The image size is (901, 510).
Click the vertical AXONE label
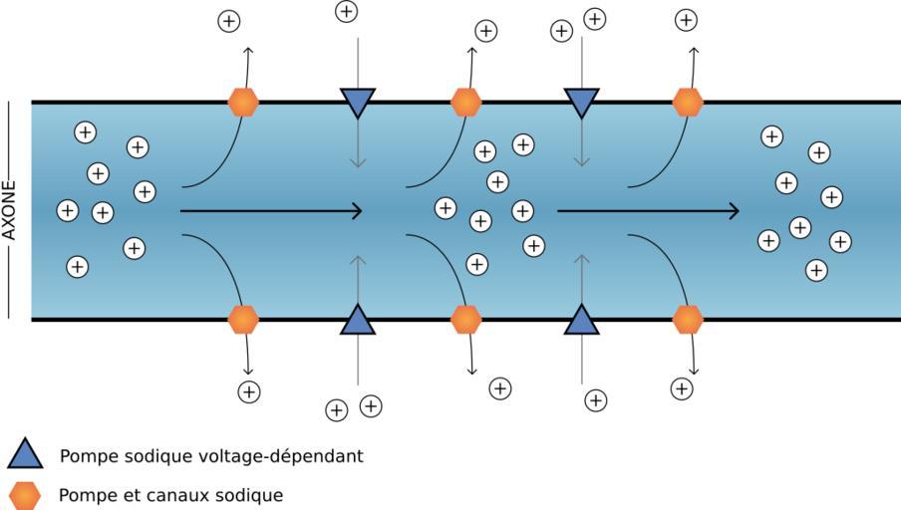click(10, 210)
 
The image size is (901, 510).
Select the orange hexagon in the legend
click(25, 495)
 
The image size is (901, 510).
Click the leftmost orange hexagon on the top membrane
click(243, 102)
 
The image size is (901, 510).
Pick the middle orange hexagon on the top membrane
click(465, 102)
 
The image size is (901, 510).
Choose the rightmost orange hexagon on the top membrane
click(688, 102)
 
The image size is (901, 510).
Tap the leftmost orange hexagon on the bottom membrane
click(243, 319)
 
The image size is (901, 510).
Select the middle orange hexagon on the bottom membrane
click(465, 319)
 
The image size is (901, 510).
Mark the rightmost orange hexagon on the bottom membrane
click(688, 319)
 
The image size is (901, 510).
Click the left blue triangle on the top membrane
click(357, 101)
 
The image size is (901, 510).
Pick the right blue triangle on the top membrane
click(581, 101)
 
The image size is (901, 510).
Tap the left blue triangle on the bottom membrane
click(357, 321)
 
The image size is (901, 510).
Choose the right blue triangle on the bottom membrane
click(581, 321)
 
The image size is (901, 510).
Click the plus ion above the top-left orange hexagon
click(229, 20)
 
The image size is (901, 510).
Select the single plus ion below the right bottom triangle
click(595, 400)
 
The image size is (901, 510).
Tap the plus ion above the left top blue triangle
click(346, 12)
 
